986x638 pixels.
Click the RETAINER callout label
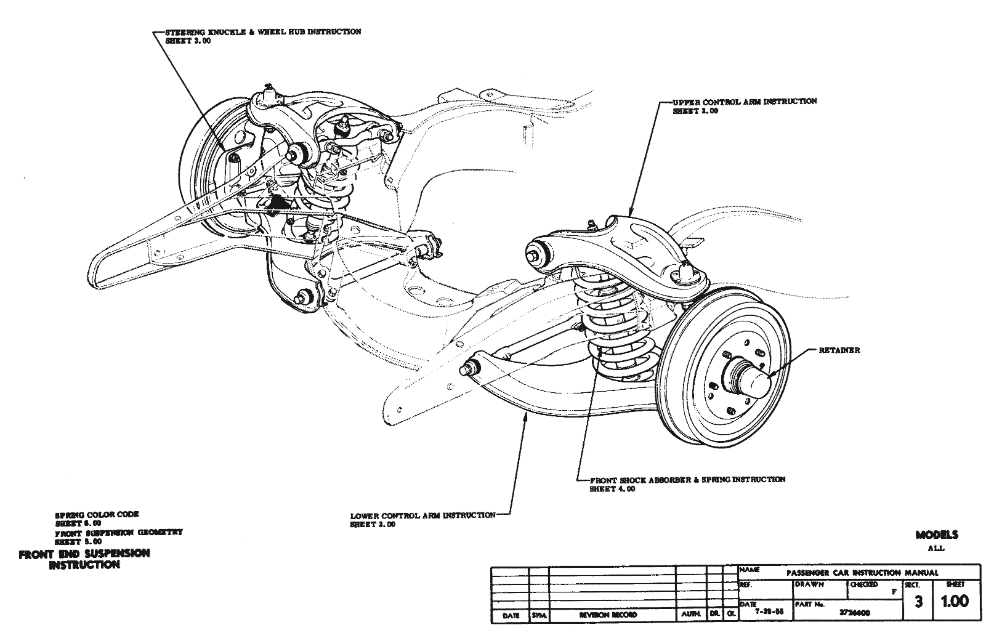pos(839,350)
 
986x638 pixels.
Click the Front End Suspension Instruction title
pos(84,559)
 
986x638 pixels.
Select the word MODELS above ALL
pos(936,535)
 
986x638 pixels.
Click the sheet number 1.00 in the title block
pos(954,602)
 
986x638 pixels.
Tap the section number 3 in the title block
pos(918,603)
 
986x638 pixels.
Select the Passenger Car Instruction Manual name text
pos(862,572)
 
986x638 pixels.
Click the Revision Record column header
pos(608,615)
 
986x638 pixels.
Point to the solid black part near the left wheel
pos(278,204)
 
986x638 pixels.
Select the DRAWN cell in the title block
pos(809,584)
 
